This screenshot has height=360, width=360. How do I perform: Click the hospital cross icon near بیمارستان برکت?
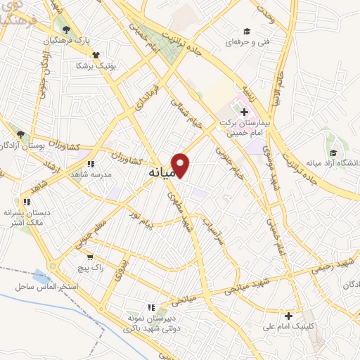coord(244,112)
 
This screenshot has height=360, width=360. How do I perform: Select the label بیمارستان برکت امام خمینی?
coord(245,127)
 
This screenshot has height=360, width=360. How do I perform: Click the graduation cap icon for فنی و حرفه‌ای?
coord(247,32)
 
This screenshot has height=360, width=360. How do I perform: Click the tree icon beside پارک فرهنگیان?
coord(67,30)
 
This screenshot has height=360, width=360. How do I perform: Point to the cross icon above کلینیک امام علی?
coord(288,316)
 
